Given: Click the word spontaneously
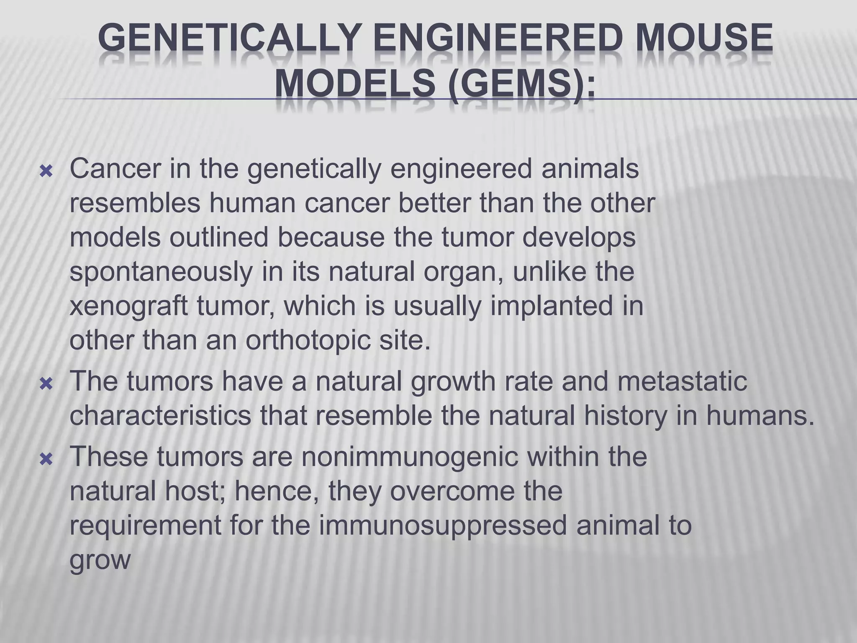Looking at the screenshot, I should (x=161, y=273).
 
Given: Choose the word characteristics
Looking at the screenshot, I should (x=160, y=416).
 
